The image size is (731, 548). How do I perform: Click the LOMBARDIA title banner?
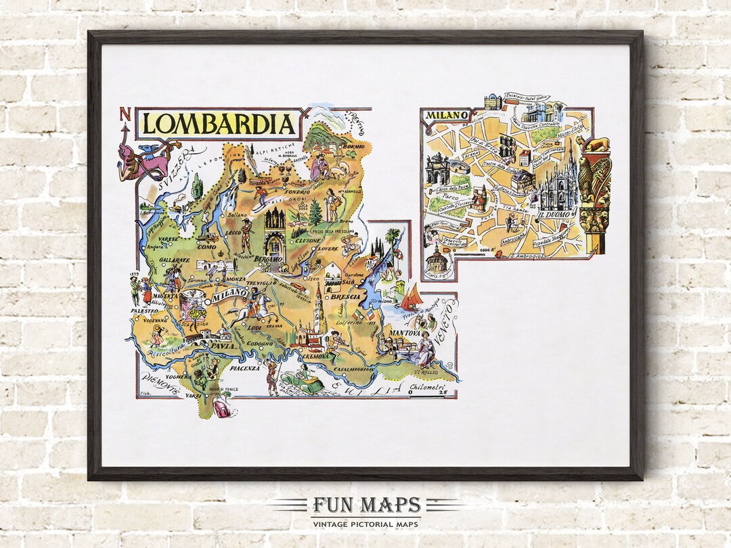coord(219,124)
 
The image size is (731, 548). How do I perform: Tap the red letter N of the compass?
coord(124,114)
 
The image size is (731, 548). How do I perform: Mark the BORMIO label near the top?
coord(353,146)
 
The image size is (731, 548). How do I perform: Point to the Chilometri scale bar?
coord(425,390)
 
